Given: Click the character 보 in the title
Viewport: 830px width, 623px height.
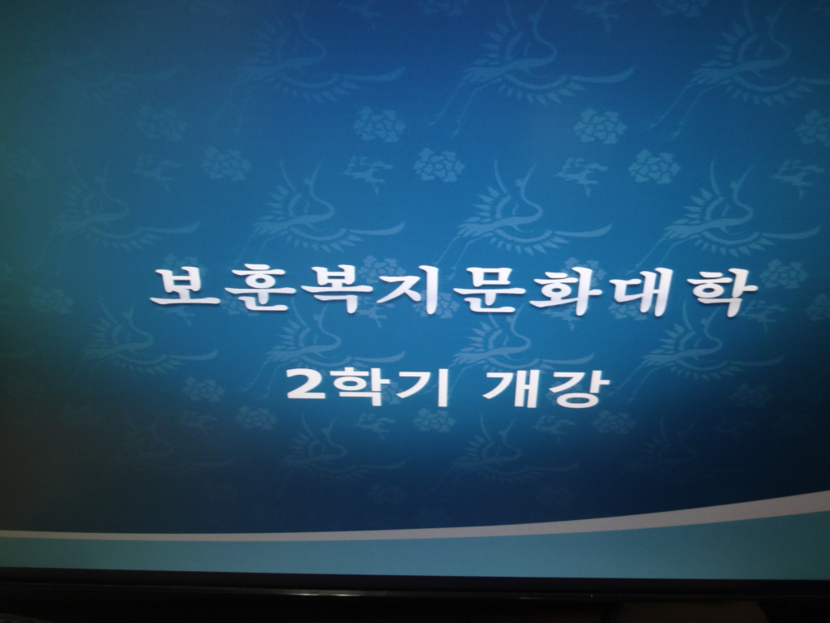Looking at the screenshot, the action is tap(184, 287).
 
